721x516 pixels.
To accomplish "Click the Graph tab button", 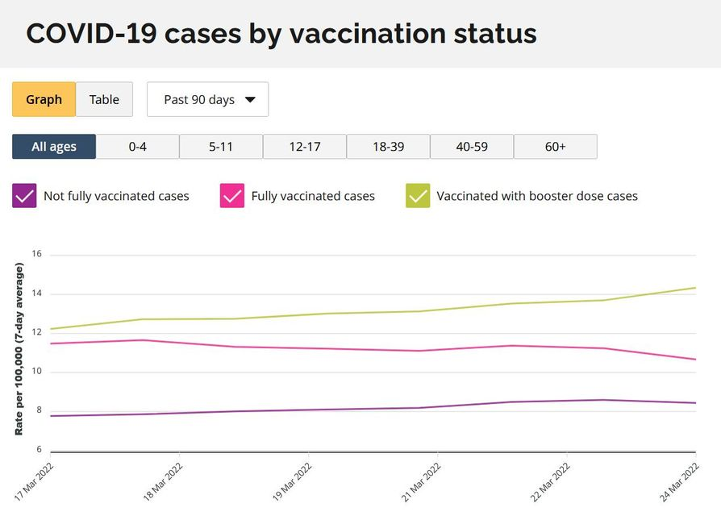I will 44,99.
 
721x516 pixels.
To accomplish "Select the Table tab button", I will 104,99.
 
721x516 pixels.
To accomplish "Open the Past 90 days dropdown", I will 207,99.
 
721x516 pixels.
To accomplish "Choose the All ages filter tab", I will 54,147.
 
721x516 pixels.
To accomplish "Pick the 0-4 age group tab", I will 138,147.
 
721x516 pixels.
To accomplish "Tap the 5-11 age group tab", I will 221,147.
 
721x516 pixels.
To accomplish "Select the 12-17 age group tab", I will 305,147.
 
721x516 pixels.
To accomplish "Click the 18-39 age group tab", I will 388,147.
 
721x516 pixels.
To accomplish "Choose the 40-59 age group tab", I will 472,147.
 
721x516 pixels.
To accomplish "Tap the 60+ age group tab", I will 556,147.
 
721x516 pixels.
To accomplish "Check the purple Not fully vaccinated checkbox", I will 24,196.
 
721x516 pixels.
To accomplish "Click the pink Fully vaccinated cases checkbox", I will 232,196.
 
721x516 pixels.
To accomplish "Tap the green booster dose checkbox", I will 418,196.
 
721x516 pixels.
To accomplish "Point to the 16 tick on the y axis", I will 36,254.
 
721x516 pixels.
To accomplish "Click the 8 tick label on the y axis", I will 37,410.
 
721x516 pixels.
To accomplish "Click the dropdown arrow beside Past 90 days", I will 250,100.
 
